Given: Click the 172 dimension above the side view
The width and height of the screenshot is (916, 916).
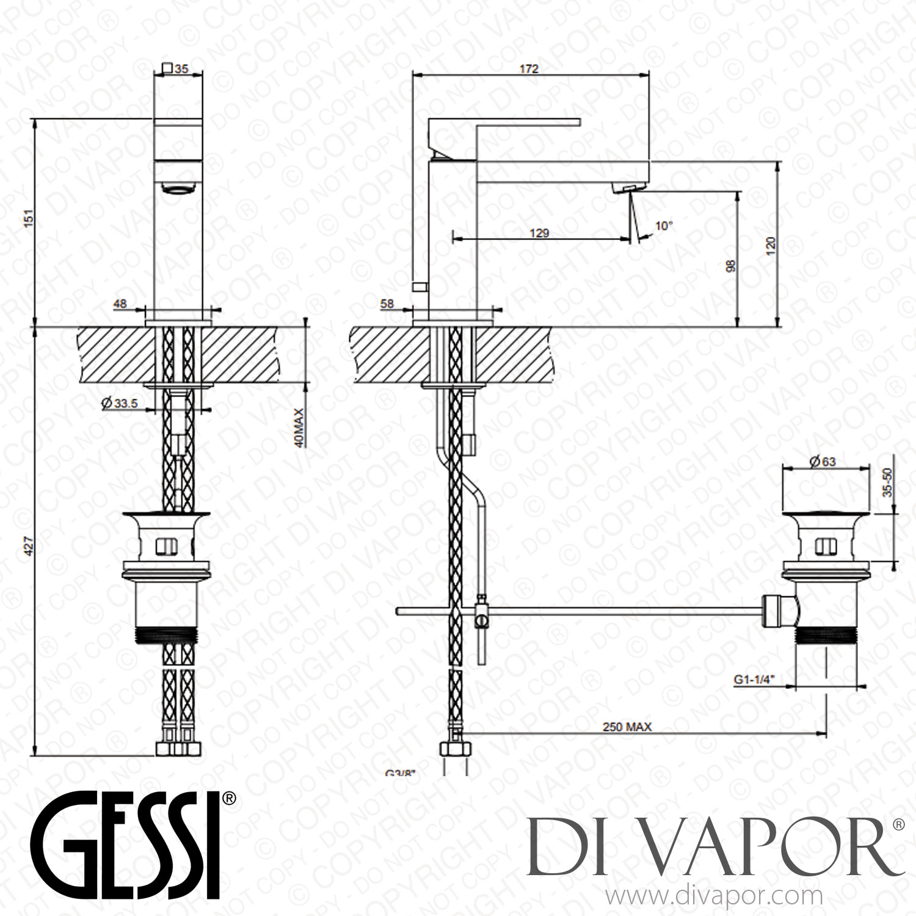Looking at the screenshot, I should tap(529, 69).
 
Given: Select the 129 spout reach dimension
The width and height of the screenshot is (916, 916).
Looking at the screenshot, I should tap(539, 233).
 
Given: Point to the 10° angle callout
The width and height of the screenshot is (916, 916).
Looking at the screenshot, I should tap(663, 226).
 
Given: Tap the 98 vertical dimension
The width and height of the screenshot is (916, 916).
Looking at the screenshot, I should tap(732, 266).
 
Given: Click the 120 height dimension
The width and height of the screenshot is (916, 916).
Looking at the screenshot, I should tap(771, 245).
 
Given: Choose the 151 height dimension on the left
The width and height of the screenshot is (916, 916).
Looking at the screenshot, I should tap(25, 219).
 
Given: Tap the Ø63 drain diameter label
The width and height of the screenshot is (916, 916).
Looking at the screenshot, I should tap(805, 462).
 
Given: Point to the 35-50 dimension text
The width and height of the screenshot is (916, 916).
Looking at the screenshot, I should tap(888, 482).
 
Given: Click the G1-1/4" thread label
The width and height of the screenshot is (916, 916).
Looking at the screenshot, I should tap(754, 678).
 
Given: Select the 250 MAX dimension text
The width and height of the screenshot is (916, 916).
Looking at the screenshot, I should tap(627, 727).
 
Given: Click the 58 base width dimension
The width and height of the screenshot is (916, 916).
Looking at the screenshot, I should tap(387, 304).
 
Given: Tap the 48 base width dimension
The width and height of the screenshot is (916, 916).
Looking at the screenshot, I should tap(120, 304).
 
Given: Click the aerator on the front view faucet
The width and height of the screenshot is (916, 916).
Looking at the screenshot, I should tap(178, 188).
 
